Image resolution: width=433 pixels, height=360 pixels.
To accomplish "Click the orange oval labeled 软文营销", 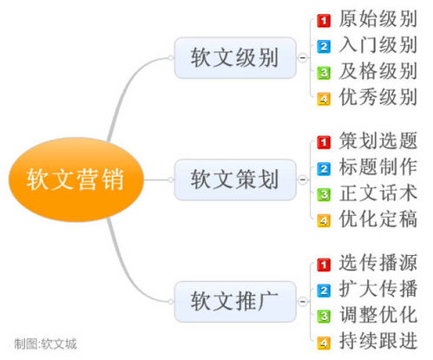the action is click(x=76, y=180).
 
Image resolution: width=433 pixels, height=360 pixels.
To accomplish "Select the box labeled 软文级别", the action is click(x=235, y=57).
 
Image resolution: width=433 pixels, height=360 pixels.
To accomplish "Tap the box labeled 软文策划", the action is click(x=235, y=180).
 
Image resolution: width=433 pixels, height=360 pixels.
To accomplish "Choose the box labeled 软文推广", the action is click(x=235, y=302).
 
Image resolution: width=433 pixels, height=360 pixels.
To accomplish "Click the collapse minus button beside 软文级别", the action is click(x=302, y=58).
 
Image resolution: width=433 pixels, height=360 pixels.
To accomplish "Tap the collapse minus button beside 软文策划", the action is click(x=302, y=180).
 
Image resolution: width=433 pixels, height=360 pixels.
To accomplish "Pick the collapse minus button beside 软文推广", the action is click(x=302, y=302).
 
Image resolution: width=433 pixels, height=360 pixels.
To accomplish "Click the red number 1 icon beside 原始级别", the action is click(x=324, y=21).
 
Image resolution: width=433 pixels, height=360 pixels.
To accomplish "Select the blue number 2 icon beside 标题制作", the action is click(x=324, y=168).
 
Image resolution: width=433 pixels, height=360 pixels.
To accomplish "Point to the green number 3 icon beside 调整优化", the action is click(x=324, y=316).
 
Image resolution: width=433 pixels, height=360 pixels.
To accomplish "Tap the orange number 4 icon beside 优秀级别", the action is click(x=324, y=99).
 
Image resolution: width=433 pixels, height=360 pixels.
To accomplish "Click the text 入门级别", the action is click(x=377, y=45).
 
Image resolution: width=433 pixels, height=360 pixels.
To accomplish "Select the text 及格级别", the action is click(x=377, y=71).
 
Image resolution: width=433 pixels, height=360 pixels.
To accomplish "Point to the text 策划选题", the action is click(x=377, y=141).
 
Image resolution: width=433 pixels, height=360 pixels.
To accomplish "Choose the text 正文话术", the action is click(x=377, y=193).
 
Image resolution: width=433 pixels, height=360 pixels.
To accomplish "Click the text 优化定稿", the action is click(x=377, y=219).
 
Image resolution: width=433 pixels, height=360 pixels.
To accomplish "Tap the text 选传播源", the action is click(x=377, y=263).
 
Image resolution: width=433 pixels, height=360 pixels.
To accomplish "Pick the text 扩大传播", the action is click(x=377, y=289).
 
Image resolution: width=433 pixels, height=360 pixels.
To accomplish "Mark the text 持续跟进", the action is click(x=377, y=341).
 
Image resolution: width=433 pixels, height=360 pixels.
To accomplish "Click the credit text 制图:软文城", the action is click(x=45, y=344).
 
